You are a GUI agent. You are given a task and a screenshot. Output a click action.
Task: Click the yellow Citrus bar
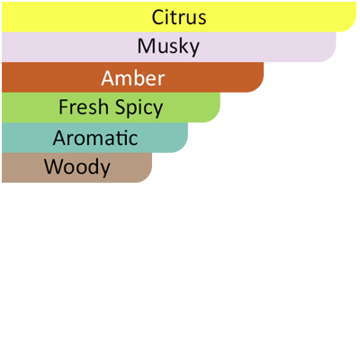[179, 17]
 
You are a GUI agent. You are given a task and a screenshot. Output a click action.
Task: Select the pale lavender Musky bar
[169, 47]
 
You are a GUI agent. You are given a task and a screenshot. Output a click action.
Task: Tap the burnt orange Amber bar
[132, 77]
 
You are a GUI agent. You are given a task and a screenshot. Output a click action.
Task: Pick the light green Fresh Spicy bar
[111, 107]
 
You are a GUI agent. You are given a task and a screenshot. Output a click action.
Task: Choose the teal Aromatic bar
[94, 138]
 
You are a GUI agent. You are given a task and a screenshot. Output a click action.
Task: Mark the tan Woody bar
[76, 167]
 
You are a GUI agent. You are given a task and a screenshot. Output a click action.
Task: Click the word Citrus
[179, 17]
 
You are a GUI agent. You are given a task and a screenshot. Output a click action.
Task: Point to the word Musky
[168, 47]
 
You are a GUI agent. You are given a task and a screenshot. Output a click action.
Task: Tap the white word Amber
[133, 78]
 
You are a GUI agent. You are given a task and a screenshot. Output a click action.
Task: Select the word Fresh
[84, 107]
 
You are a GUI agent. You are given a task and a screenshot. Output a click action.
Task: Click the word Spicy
[139, 108]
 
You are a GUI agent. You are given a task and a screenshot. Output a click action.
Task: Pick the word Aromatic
[95, 138]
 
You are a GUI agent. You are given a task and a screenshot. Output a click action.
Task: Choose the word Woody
[77, 167]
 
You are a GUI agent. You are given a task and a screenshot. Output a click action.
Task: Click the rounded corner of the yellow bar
[352, 27]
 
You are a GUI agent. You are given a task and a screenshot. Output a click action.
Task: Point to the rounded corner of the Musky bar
[331, 58]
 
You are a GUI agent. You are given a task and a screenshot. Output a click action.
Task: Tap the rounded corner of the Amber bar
[259, 87]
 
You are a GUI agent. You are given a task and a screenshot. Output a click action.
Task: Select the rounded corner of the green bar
[215, 118]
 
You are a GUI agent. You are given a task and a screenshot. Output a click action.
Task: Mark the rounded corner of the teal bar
[184, 148]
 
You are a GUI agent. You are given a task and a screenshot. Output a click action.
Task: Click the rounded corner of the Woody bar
[148, 177]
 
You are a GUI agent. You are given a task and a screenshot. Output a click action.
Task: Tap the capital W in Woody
[53, 166]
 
